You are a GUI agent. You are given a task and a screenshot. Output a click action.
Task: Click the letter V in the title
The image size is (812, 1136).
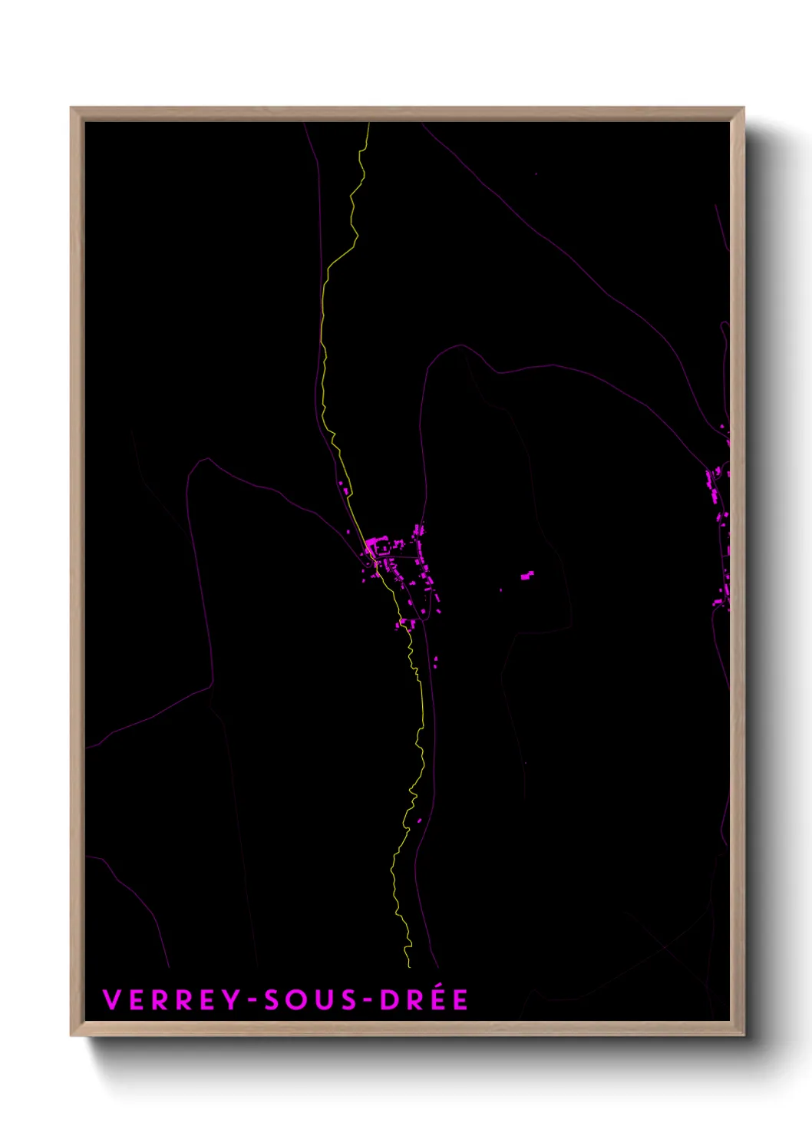[112, 1000]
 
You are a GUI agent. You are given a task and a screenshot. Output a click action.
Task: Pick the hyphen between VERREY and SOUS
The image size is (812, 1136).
[252, 1001]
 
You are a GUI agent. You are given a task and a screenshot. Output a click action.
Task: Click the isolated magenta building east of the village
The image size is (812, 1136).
[526, 575]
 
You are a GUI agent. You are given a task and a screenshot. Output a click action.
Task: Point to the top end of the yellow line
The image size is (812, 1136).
[369, 124]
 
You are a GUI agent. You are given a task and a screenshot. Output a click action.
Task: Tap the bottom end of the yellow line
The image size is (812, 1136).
[409, 966]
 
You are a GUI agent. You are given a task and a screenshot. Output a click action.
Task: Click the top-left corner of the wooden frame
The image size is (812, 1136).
[71, 108]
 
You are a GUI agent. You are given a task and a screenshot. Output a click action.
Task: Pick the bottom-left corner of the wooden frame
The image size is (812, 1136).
[71, 1035]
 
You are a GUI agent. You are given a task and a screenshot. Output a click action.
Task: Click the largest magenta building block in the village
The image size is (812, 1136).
[373, 546]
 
